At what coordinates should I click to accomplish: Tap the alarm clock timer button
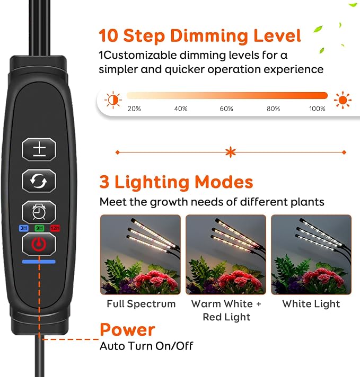39,212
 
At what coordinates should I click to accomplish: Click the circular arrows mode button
39,181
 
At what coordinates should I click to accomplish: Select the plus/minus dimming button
39,149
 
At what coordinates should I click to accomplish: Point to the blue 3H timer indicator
24,228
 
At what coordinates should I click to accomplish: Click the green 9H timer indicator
39,228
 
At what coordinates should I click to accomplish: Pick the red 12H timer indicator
55,228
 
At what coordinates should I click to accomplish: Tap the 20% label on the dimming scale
134,109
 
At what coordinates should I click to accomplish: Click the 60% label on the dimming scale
226,109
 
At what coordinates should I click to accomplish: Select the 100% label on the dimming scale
317,109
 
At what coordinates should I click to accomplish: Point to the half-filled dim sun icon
113,100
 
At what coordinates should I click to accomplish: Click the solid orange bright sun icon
343,100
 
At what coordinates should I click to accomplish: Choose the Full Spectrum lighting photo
141,255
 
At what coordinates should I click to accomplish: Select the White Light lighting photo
311,255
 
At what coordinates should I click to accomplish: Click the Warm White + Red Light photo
226,255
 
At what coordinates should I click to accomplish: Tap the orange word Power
127,330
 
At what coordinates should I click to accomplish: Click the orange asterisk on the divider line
231,152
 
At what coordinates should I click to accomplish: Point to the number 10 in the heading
109,35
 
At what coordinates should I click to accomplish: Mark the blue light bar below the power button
39,262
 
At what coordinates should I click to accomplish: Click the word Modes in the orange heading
224,182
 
